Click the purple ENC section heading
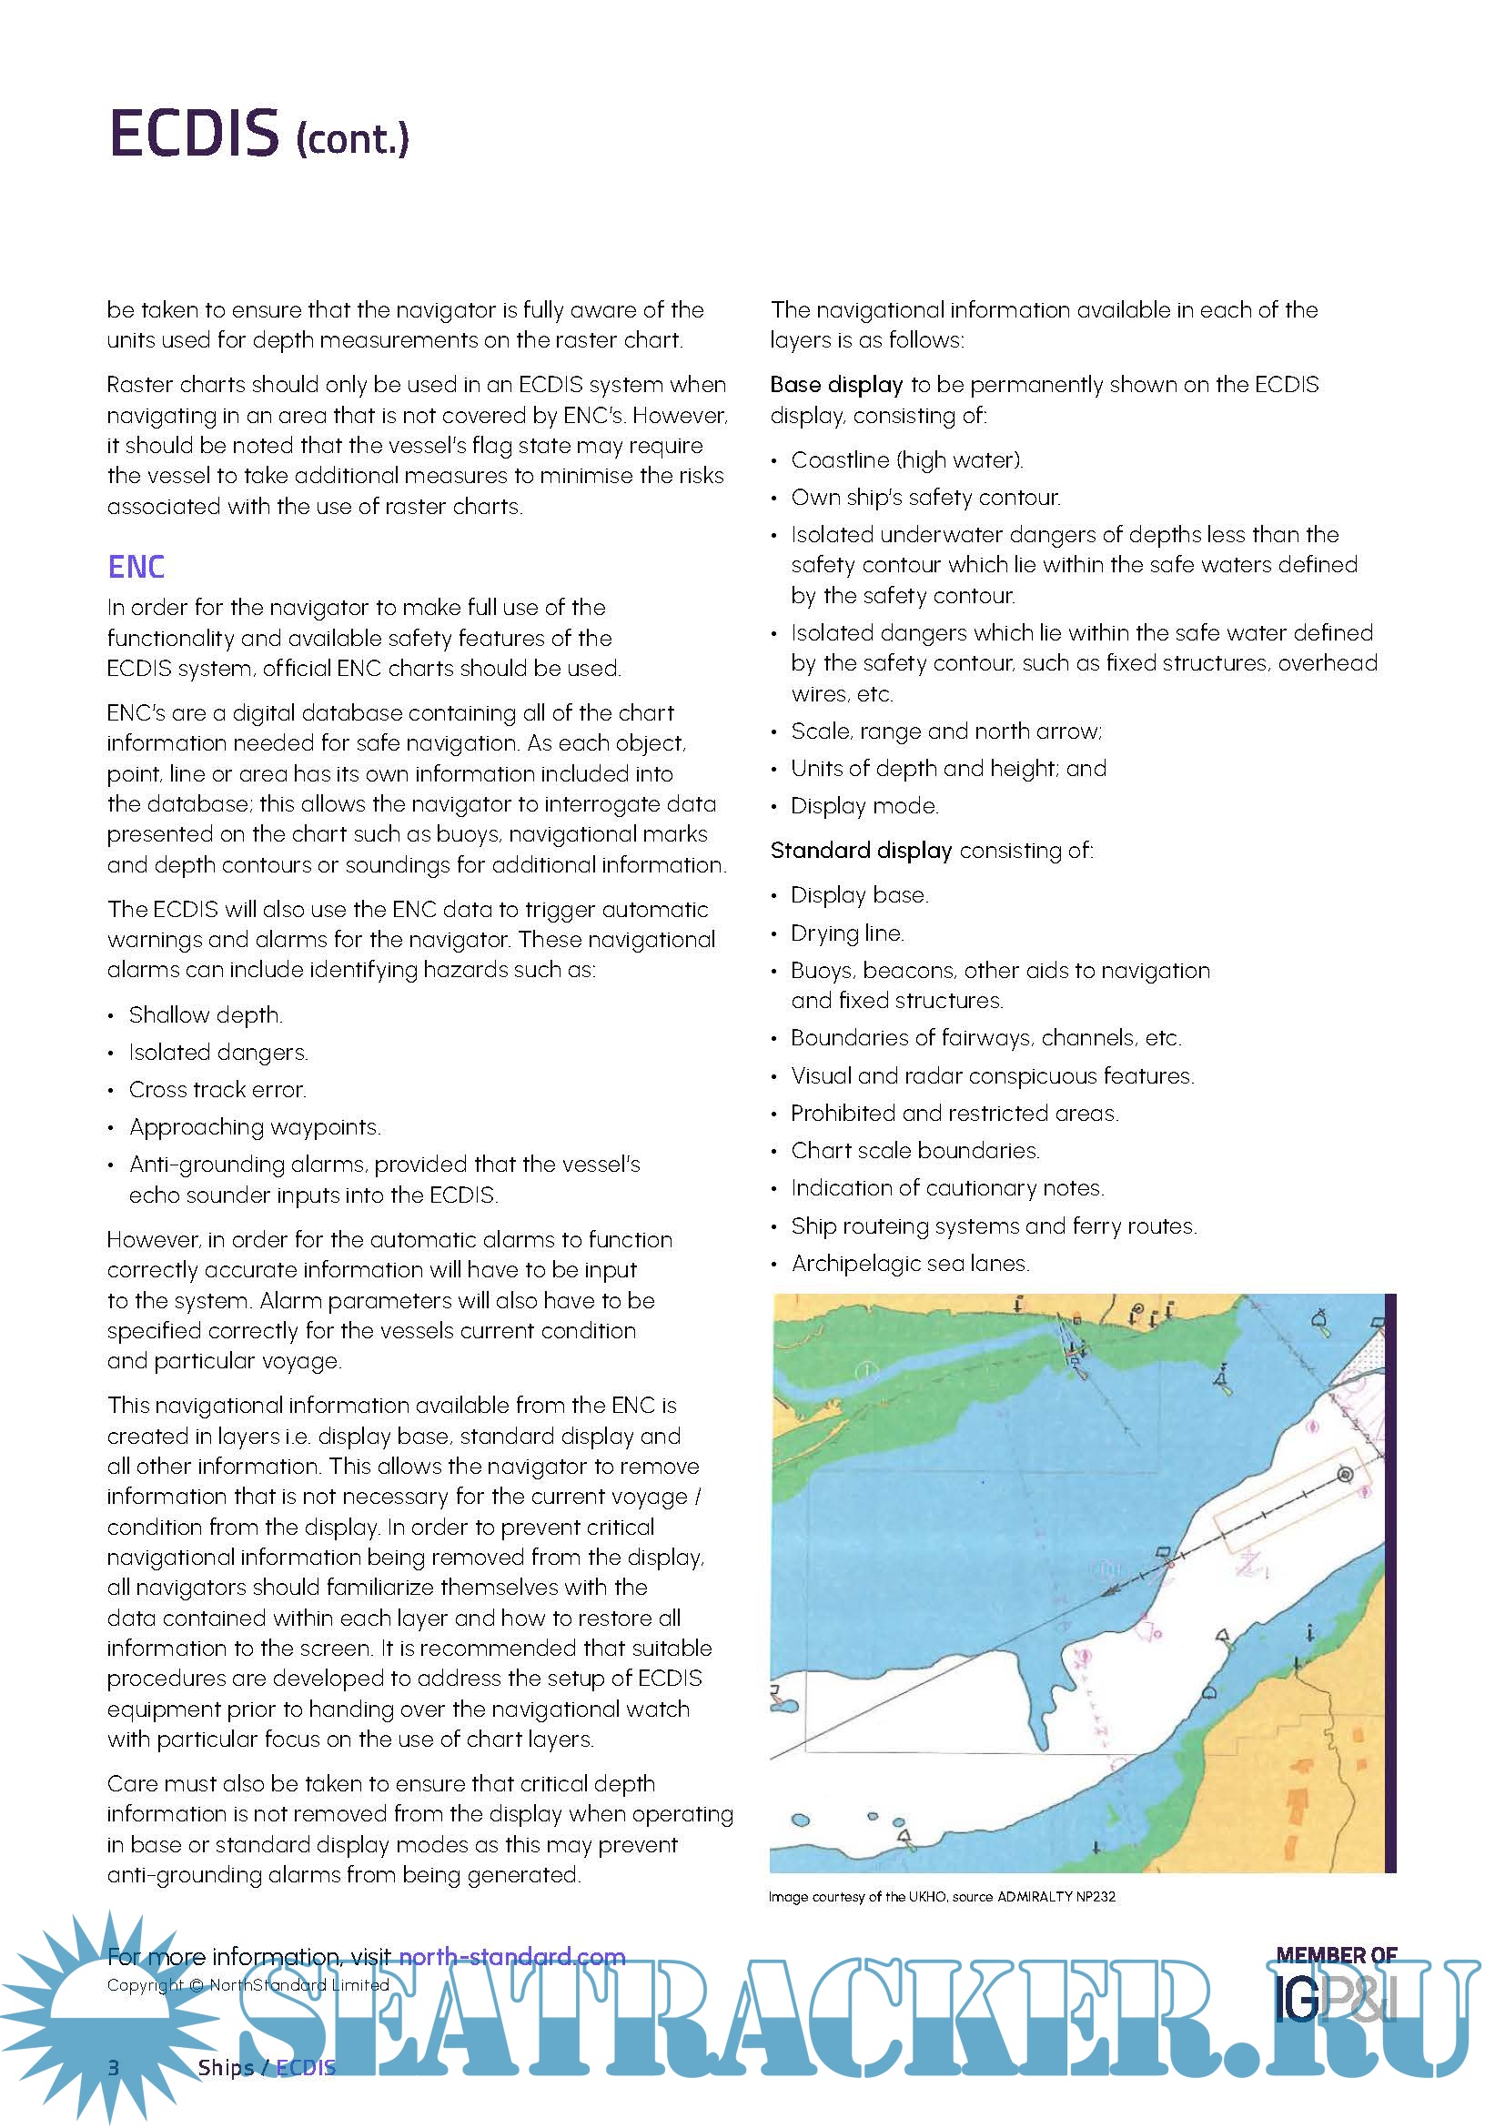coord(136,566)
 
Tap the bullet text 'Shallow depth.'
coord(205,1015)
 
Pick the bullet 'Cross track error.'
coord(217,1089)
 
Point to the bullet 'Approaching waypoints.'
coord(255,1127)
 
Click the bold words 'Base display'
coord(836,385)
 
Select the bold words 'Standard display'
coord(861,850)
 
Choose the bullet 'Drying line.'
coord(847,933)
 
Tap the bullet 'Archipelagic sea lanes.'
coord(910,1264)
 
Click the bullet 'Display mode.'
coord(864,805)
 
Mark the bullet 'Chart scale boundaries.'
coord(914,1150)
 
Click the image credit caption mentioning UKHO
coord(942,1896)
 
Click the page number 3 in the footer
coord(114,2067)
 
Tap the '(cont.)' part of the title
coord(352,139)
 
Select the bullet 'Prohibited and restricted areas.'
coord(955,1113)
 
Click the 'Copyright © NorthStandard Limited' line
coord(247,1984)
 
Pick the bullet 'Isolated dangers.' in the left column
coord(217,1052)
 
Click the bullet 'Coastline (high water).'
coord(906,459)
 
